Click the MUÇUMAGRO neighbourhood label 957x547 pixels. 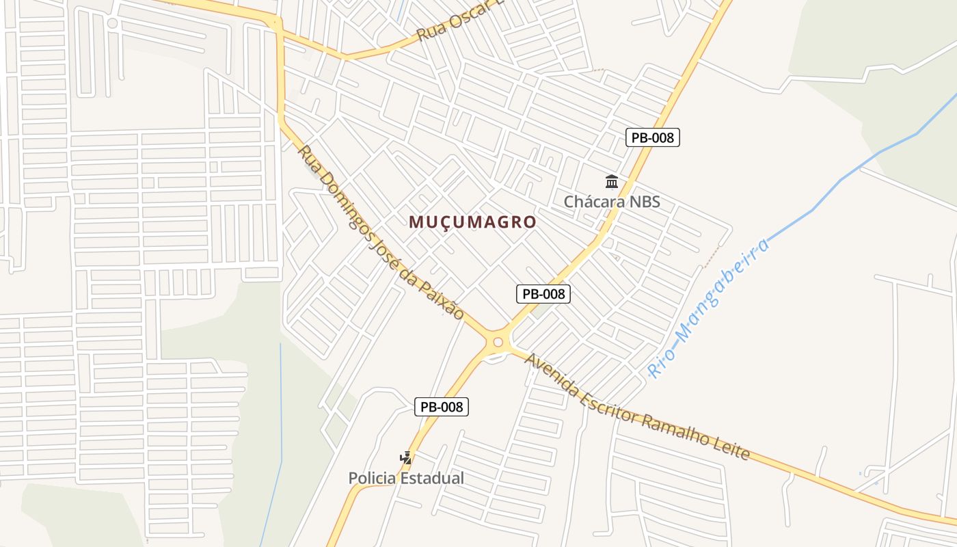coord(472,222)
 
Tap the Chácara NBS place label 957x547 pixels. coord(612,202)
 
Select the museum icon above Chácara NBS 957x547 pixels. coord(612,182)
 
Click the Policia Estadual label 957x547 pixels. coord(406,478)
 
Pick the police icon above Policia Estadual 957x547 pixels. coord(406,458)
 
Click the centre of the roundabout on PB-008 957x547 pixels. coord(498,342)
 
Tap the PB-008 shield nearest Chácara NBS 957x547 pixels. coord(653,137)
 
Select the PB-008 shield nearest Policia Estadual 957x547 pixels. coord(442,407)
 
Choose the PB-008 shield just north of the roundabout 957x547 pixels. coord(543,294)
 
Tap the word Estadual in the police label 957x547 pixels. coord(432,478)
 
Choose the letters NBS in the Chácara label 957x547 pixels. coord(643,202)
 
